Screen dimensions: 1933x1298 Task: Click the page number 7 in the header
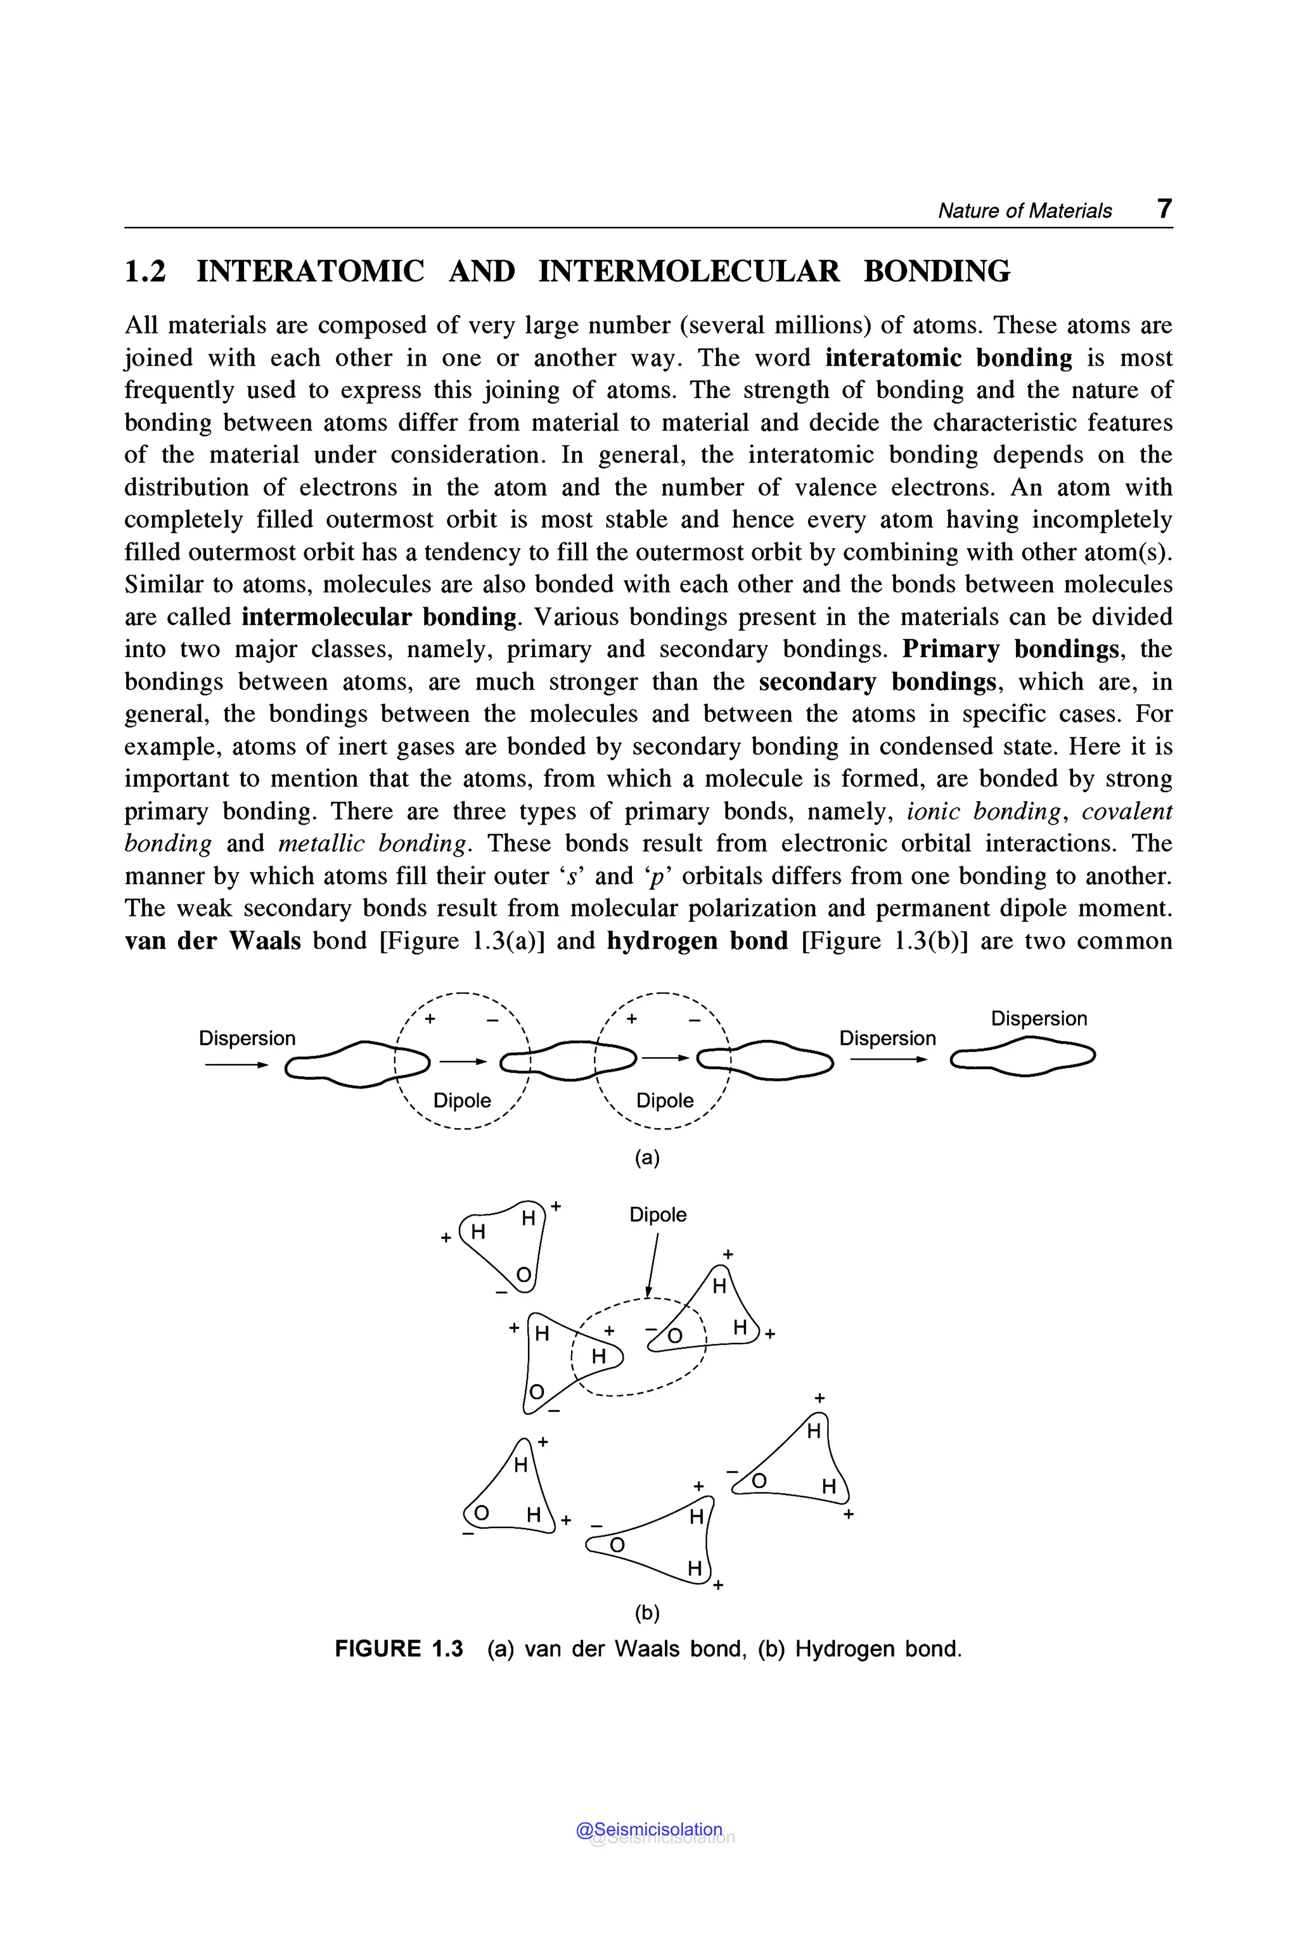(1164, 209)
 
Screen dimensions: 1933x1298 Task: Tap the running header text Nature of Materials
(1024, 211)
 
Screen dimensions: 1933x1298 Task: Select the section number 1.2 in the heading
(145, 271)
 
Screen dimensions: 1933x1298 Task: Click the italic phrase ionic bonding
(984, 811)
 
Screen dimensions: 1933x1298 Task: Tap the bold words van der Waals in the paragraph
(213, 941)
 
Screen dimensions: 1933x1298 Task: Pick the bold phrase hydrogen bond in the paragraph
(697, 941)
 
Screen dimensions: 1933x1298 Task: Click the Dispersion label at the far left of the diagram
(247, 1038)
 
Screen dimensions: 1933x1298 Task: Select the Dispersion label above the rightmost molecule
(1038, 1018)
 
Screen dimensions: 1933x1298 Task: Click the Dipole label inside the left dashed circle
(462, 1100)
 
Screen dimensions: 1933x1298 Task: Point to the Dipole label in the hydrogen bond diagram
(657, 1214)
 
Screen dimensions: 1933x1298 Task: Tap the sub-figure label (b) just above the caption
(646, 1612)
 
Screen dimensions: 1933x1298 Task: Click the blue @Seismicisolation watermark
(649, 1830)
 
